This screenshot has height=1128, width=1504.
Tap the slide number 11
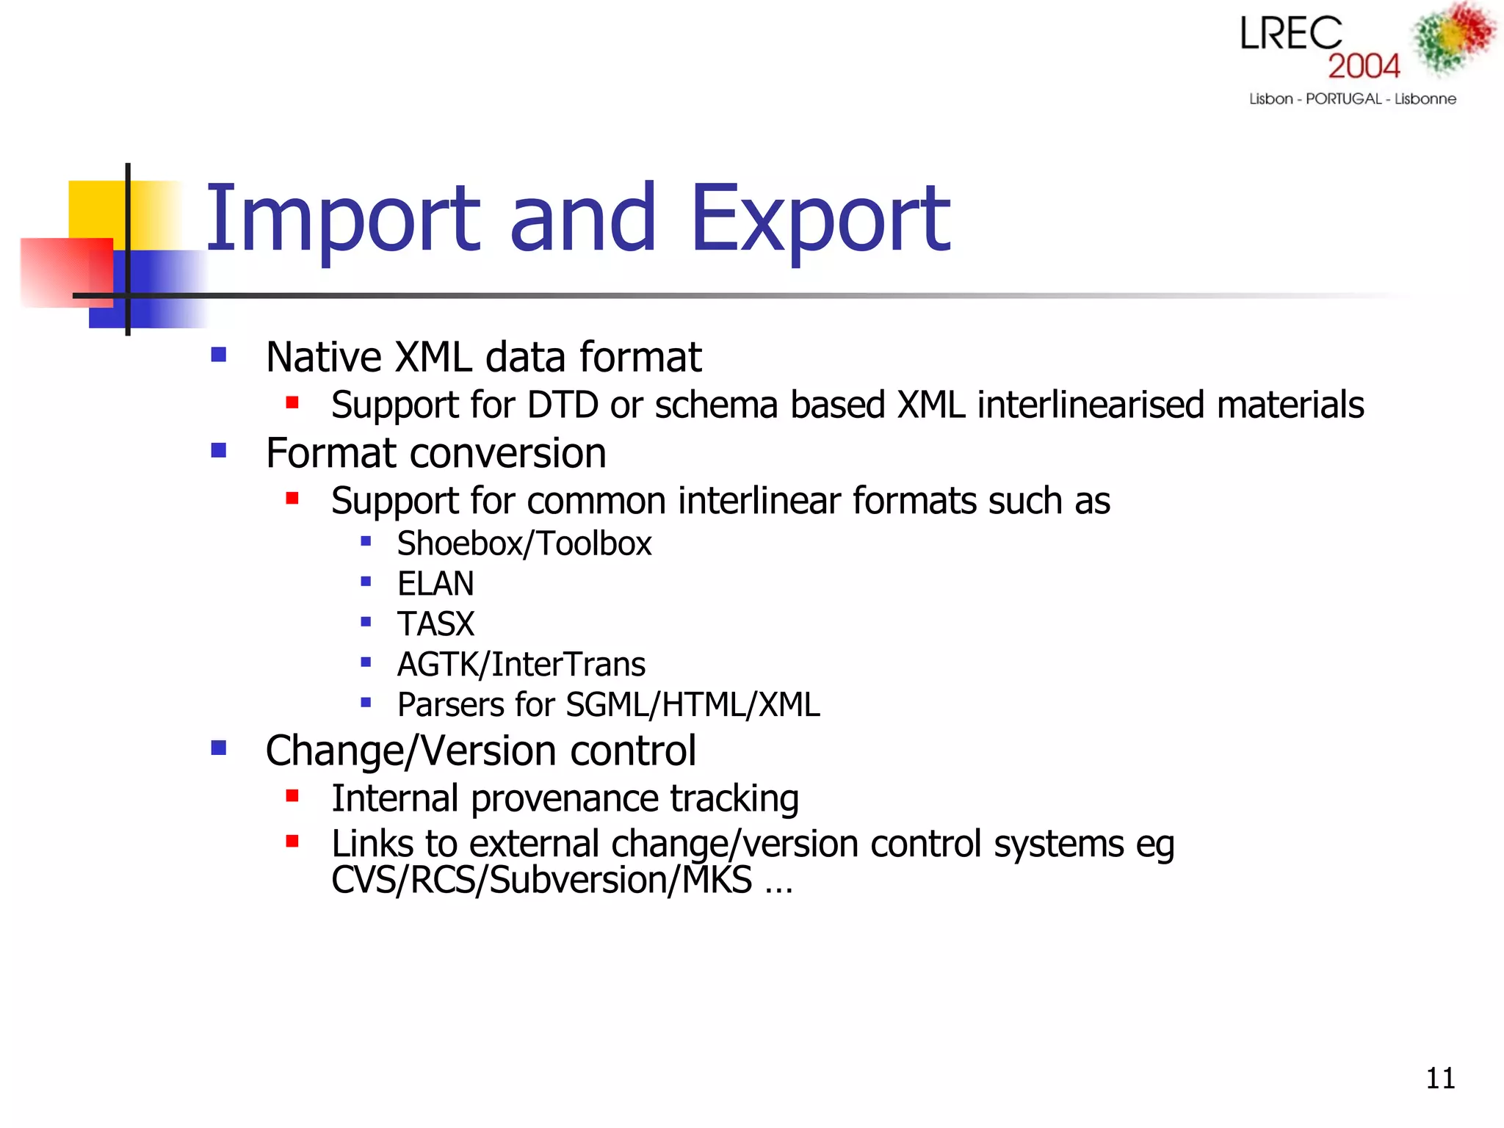(x=1439, y=1078)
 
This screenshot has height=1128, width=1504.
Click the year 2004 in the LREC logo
(x=1364, y=66)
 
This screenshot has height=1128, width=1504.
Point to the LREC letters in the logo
(x=1290, y=35)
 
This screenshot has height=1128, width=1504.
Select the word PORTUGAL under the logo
(x=1343, y=99)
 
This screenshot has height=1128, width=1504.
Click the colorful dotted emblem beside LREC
(x=1453, y=38)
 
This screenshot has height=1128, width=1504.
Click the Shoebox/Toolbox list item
(x=524, y=544)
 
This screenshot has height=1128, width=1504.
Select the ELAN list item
(x=435, y=585)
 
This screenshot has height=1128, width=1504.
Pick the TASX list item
(x=435, y=625)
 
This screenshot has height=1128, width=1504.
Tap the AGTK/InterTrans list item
(x=521, y=665)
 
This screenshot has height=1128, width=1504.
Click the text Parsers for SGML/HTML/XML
(x=608, y=705)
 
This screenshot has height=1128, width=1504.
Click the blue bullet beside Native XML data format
(x=218, y=355)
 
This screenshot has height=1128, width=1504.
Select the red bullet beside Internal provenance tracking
(x=292, y=796)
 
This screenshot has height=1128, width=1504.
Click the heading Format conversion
(x=435, y=453)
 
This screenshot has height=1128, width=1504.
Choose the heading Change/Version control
(x=480, y=751)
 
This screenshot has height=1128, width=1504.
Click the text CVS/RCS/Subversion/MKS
(x=541, y=880)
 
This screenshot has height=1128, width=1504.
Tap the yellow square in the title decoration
(x=95, y=209)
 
